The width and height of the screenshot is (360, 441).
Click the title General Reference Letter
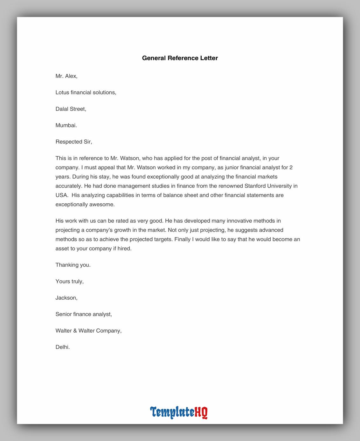tap(180, 58)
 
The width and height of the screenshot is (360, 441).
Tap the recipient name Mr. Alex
tap(66, 76)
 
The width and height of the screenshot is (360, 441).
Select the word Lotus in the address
tap(62, 92)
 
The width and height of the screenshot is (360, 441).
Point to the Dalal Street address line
tap(71, 109)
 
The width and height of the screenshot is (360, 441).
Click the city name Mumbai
tap(66, 126)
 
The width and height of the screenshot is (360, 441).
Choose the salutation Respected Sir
tap(73, 142)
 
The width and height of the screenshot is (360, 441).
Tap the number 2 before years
tap(291, 167)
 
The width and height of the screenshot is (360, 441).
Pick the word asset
tap(62, 248)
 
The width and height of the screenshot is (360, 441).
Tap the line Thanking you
tap(73, 265)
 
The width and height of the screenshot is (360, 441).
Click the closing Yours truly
tap(69, 282)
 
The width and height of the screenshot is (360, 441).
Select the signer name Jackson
tap(66, 298)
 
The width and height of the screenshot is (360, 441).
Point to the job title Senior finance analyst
tap(84, 314)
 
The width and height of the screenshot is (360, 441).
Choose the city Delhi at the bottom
tap(62, 347)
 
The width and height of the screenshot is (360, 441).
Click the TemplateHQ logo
tap(179, 412)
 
